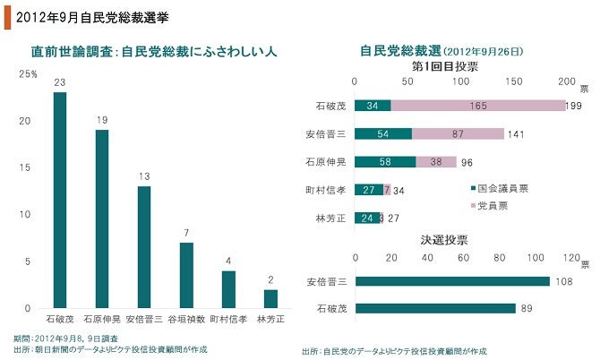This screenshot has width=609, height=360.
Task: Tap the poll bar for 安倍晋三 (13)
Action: (144, 246)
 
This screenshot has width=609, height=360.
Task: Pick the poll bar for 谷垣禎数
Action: (186, 275)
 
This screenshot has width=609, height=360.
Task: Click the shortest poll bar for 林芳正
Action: (270, 298)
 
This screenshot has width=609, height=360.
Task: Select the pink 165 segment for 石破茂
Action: (477, 107)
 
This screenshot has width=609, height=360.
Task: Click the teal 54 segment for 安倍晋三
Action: (383, 134)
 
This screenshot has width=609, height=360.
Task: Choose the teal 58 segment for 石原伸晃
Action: (386, 162)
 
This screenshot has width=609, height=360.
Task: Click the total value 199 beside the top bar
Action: (575, 107)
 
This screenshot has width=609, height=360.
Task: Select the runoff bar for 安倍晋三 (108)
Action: (452, 280)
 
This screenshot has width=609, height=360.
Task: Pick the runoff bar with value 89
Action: (435, 308)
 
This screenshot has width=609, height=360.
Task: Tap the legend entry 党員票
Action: (495, 206)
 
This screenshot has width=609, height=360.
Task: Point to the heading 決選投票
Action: (445, 240)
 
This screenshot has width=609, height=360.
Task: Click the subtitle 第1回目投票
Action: (445, 67)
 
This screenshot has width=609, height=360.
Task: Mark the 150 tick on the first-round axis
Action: (515, 82)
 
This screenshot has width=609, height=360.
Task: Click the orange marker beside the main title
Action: (6, 15)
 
